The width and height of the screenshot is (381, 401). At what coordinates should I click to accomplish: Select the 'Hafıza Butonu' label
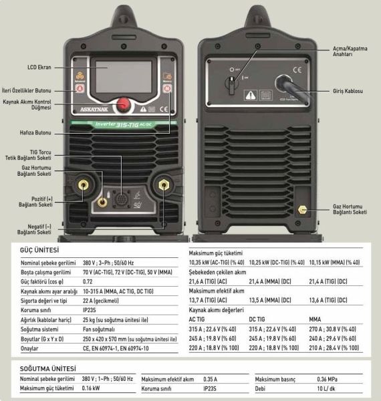(35, 132)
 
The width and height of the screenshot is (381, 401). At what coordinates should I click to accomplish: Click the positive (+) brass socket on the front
(84, 184)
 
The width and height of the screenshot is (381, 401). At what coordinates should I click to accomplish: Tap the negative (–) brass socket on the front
(162, 184)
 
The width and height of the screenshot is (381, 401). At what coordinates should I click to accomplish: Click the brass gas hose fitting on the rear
(302, 209)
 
